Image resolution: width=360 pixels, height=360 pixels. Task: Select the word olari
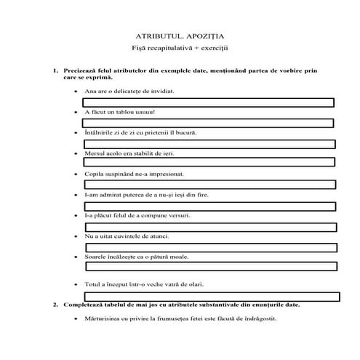(191, 283)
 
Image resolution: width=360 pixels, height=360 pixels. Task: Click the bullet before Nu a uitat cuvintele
(76, 237)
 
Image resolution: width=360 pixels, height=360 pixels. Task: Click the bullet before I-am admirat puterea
(76, 195)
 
